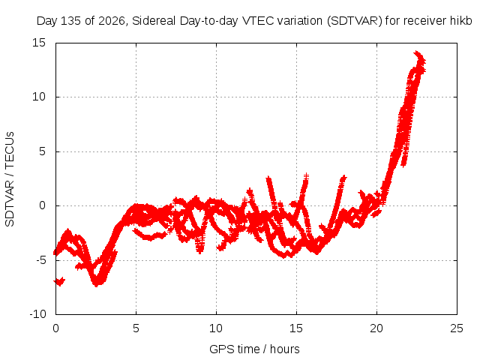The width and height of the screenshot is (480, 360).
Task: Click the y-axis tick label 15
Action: click(x=39, y=43)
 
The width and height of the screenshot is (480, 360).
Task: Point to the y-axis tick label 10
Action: click(x=39, y=97)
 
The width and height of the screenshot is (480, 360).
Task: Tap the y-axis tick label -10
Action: click(x=37, y=314)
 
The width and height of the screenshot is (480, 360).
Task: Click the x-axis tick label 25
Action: click(x=457, y=328)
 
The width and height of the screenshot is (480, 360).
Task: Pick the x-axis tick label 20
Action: click(x=376, y=328)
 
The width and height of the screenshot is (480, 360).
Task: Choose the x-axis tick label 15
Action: click(x=296, y=328)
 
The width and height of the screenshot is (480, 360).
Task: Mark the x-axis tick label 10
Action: click(x=216, y=328)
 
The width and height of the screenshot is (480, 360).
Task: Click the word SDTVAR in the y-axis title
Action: click(x=10, y=203)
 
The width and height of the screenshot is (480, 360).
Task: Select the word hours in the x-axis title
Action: click(x=285, y=349)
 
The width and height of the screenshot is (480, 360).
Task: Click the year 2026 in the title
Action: click(x=112, y=21)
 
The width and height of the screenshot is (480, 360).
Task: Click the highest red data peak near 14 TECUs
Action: click(x=416, y=52)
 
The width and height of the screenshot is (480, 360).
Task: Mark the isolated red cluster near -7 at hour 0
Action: click(x=60, y=281)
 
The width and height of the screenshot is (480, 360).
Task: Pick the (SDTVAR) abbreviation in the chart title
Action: click(x=355, y=21)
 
